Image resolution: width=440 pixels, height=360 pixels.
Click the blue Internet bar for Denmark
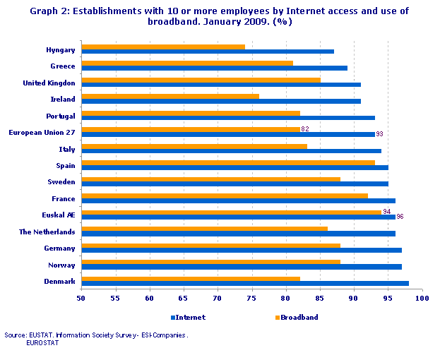(x=244, y=283)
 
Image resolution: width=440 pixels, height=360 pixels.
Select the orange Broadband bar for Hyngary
(x=163, y=47)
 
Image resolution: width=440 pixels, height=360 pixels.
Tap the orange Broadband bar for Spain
(x=228, y=162)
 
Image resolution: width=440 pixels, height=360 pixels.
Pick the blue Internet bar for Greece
(x=214, y=68)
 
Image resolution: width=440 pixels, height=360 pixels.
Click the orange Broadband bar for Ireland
(x=170, y=96)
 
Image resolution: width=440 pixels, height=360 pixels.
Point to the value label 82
(x=305, y=128)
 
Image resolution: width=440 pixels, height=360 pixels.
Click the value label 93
(x=380, y=134)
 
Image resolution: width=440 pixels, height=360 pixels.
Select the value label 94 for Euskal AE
(x=386, y=211)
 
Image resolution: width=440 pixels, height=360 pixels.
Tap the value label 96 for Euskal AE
(x=400, y=217)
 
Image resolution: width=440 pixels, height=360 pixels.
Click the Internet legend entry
(x=188, y=317)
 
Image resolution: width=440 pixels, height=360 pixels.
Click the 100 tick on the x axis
(x=422, y=299)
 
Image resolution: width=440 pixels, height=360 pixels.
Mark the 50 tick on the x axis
(x=81, y=299)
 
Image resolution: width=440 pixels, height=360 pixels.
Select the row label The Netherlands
(x=47, y=232)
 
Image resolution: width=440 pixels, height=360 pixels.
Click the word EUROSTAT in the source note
(x=42, y=342)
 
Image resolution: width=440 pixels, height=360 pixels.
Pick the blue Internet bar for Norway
(x=242, y=267)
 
